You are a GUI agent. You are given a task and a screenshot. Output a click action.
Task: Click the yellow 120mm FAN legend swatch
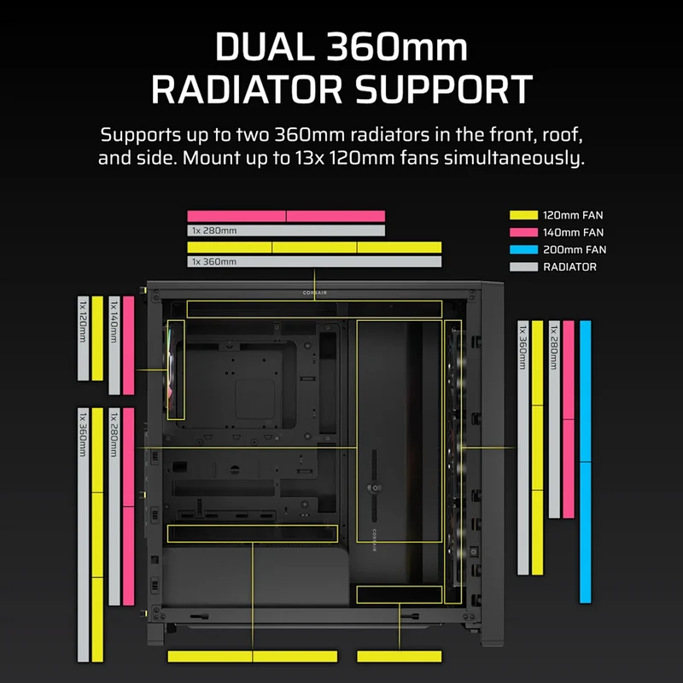[x=523, y=215]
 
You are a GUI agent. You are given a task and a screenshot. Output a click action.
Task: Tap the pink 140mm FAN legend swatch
[x=523, y=232]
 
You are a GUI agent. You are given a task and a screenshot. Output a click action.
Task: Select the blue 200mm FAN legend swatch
[x=523, y=249]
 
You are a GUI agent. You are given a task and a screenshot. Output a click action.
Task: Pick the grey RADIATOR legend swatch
[x=523, y=267]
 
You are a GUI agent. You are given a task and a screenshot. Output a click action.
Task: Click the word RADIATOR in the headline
[x=247, y=90]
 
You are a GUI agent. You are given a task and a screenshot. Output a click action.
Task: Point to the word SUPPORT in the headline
[x=444, y=90]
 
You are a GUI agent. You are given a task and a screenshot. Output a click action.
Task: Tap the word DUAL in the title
[x=265, y=47]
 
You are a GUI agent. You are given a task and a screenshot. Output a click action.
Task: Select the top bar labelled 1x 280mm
[x=286, y=231]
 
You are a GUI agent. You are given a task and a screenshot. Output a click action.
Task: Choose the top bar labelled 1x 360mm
[x=314, y=261]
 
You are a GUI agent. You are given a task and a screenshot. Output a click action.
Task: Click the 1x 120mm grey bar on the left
[x=83, y=338]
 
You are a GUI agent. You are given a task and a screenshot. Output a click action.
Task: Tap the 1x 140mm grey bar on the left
[x=114, y=346]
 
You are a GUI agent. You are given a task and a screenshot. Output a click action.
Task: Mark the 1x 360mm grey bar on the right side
[x=522, y=447]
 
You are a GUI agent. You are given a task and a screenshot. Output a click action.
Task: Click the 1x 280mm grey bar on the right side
[x=554, y=419]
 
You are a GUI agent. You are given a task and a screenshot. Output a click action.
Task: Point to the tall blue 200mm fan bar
[x=585, y=462]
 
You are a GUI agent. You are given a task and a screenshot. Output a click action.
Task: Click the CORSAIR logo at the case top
[x=315, y=293]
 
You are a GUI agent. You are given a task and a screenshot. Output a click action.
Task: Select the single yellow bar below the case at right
[x=399, y=657]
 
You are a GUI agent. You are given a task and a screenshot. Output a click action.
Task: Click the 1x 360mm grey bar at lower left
[x=83, y=535]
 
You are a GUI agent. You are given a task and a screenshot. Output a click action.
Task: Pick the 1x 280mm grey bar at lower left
[x=114, y=506]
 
